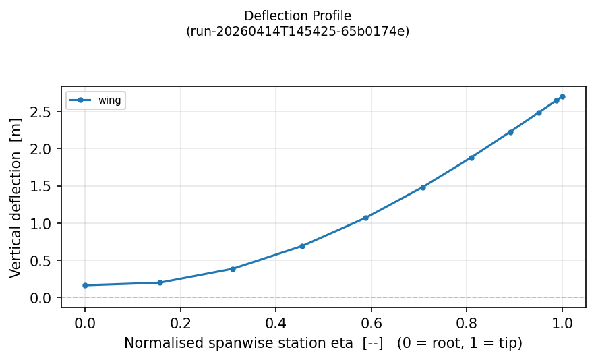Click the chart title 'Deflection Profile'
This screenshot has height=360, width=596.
tap(297, 16)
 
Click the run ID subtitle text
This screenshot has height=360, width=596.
tap(297, 31)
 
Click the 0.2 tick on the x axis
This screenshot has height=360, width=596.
tap(180, 323)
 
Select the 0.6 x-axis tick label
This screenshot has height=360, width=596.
tap(371, 323)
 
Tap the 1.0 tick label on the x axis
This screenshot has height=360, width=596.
tap(562, 323)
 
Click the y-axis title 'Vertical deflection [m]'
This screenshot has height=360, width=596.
tap(16, 197)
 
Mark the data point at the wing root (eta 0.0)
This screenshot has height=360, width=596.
tap(85, 285)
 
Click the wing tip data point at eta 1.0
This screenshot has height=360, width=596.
tap(562, 96)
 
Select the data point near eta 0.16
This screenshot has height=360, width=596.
tap(160, 282)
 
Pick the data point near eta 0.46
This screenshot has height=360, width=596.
tap(302, 246)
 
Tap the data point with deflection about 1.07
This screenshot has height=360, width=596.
tap(365, 218)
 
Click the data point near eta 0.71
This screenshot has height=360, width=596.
tap(423, 187)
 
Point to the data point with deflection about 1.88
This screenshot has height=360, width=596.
tap(471, 158)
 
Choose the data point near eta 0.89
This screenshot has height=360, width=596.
tap(510, 132)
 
